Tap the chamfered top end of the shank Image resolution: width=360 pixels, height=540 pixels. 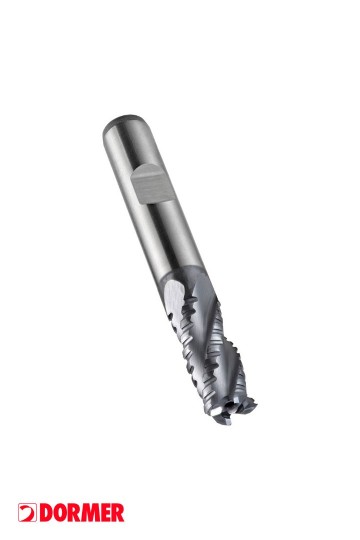(x=121, y=121)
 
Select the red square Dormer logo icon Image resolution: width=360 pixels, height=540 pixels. (x=27, y=512)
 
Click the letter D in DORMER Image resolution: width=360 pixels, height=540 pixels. (x=45, y=512)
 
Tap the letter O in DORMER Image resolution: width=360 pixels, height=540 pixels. (x=60, y=512)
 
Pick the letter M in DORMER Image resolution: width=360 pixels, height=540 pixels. (x=90, y=512)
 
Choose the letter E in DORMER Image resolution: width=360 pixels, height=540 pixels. (x=105, y=512)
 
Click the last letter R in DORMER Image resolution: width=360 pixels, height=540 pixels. (x=117, y=512)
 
